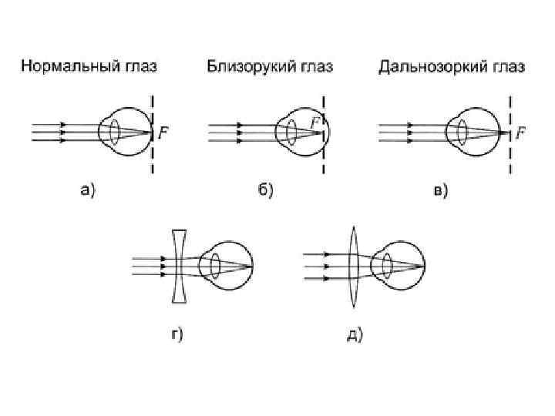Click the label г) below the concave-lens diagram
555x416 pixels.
[176, 334]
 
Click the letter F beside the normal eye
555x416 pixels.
[163, 133]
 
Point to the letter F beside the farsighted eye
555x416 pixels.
[521, 133]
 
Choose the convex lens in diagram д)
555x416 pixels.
[354, 267]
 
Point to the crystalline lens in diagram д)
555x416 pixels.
[387, 267]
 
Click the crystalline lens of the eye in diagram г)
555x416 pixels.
[215, 267]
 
